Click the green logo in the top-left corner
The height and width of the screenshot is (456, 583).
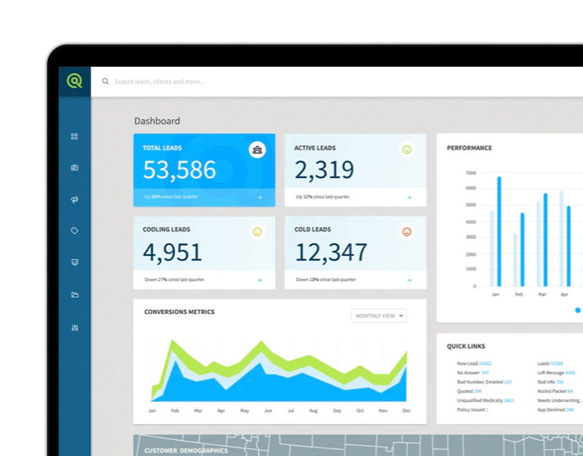[x=74, y=81]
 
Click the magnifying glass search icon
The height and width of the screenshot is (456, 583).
[x=106, y=82]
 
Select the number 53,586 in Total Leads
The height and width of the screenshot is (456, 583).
[x=179, y=170]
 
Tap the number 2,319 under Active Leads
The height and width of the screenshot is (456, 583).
[x=324, y=170]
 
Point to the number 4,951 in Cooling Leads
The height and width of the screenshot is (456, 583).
[x=172, y=252]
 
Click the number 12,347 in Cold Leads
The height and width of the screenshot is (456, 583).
[x=331, y=252]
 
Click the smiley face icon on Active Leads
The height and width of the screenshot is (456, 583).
[x=406, y=149]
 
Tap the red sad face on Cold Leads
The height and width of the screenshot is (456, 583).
[x=406, y=231]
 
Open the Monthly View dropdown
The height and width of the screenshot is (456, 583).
[x=379, y=316]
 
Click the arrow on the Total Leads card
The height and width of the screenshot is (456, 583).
[x=259, y=198]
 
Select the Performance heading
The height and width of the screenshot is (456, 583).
[x=469, y=148]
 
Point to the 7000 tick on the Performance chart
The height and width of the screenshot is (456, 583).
[x=471, y=173]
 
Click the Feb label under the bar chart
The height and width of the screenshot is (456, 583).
[x=519, y=295]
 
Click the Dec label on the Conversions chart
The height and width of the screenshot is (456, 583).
[x=406, y=410]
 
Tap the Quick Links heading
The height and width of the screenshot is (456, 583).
[x=466, y=346]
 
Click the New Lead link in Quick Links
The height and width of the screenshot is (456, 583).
[x=468, y=363]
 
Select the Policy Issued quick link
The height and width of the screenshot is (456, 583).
[x=471, y=410]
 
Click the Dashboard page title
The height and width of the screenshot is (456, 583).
[x=156, y=121]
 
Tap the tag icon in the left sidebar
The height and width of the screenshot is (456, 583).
[x=74, y=231]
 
